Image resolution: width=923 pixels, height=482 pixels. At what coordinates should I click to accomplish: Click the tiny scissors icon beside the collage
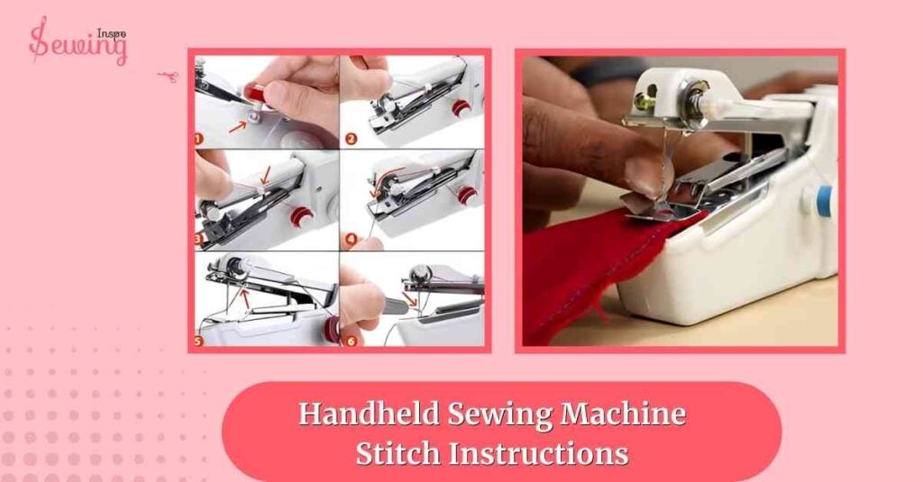(166, 76)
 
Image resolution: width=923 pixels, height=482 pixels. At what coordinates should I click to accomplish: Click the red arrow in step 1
(235, 127)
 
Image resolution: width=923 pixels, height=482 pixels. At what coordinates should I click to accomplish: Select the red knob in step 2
(461, 109)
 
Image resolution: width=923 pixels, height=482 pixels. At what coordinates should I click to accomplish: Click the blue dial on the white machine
(822, 199)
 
